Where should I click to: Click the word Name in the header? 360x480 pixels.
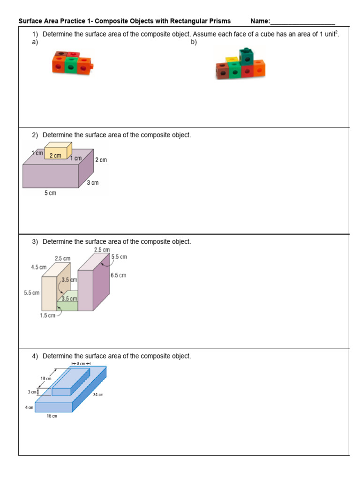260,21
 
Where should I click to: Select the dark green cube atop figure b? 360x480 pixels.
245,56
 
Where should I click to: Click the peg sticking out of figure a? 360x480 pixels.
93,65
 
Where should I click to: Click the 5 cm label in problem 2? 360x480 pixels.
50,193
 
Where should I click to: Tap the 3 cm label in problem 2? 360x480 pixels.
93,183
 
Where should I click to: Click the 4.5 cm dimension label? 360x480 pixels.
39,267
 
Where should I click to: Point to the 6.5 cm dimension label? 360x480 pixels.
118,275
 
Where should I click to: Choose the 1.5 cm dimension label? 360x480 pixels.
47,315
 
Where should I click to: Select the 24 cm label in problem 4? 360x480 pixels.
98,395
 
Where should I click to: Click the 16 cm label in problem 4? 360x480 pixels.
52,416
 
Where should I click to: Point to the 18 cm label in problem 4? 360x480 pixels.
45,378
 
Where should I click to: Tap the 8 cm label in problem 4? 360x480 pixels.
80,363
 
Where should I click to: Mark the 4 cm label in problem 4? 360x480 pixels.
29,407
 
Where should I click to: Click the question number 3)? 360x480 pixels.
36,242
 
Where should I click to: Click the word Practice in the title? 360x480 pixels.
67,21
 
